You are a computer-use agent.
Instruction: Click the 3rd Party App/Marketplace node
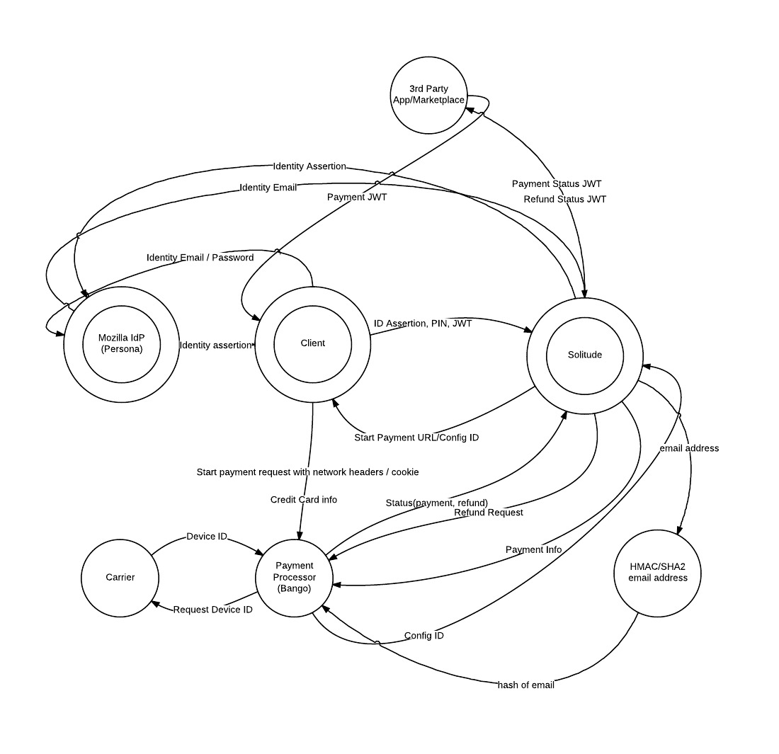pos(428,95)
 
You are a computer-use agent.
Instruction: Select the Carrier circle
pos(120,577)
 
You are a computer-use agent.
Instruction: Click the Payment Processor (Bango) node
pos(295,578)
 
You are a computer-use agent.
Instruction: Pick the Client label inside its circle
pos(312,343)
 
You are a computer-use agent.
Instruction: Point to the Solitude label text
pos(584,355)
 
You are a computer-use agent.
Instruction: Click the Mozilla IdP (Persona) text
pos(120,343)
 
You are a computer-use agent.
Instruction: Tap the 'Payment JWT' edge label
pos(357,198)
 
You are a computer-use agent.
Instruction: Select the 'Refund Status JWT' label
pos(564,199)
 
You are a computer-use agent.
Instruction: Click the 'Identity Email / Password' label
pos(200,258)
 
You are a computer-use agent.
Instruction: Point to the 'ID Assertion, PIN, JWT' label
pos(423,324)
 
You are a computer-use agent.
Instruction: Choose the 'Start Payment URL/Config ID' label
pos(416,438)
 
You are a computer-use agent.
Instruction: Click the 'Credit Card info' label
pos(304,500)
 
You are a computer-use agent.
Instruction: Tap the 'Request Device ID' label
pos(212,610)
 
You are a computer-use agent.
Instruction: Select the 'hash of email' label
pos(525,685)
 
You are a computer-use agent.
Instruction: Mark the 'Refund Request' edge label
pos(489,513)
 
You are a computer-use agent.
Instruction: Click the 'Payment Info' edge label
pos(533,549)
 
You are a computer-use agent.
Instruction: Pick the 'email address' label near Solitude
pos(688,448)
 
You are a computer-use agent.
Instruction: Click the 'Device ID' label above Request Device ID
pos(207,537)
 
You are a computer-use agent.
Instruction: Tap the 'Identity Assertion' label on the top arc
pos(309,166)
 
